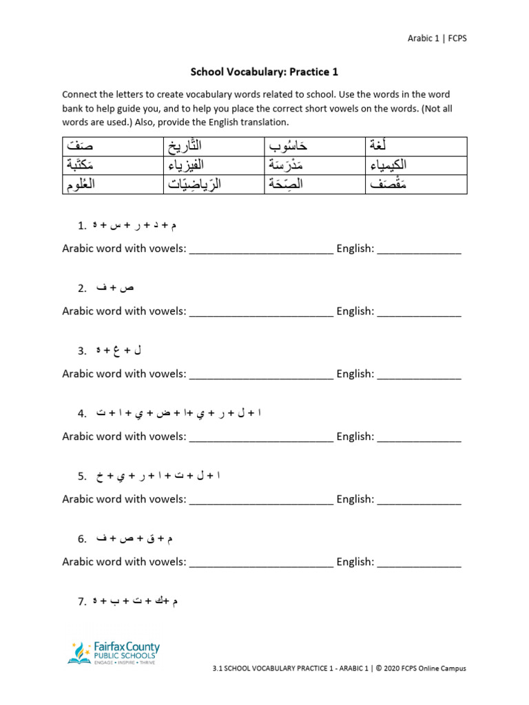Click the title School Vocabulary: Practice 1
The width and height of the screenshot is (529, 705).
(x=264, y=72)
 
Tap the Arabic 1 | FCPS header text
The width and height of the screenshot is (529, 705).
(x=437, y=39)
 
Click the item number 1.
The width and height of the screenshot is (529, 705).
(x=82, y=226)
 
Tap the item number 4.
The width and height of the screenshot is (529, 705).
(x=82, y=414)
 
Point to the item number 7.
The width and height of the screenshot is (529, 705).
(x=82, y=602)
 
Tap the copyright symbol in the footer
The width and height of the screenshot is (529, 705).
(x=380, y=668)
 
